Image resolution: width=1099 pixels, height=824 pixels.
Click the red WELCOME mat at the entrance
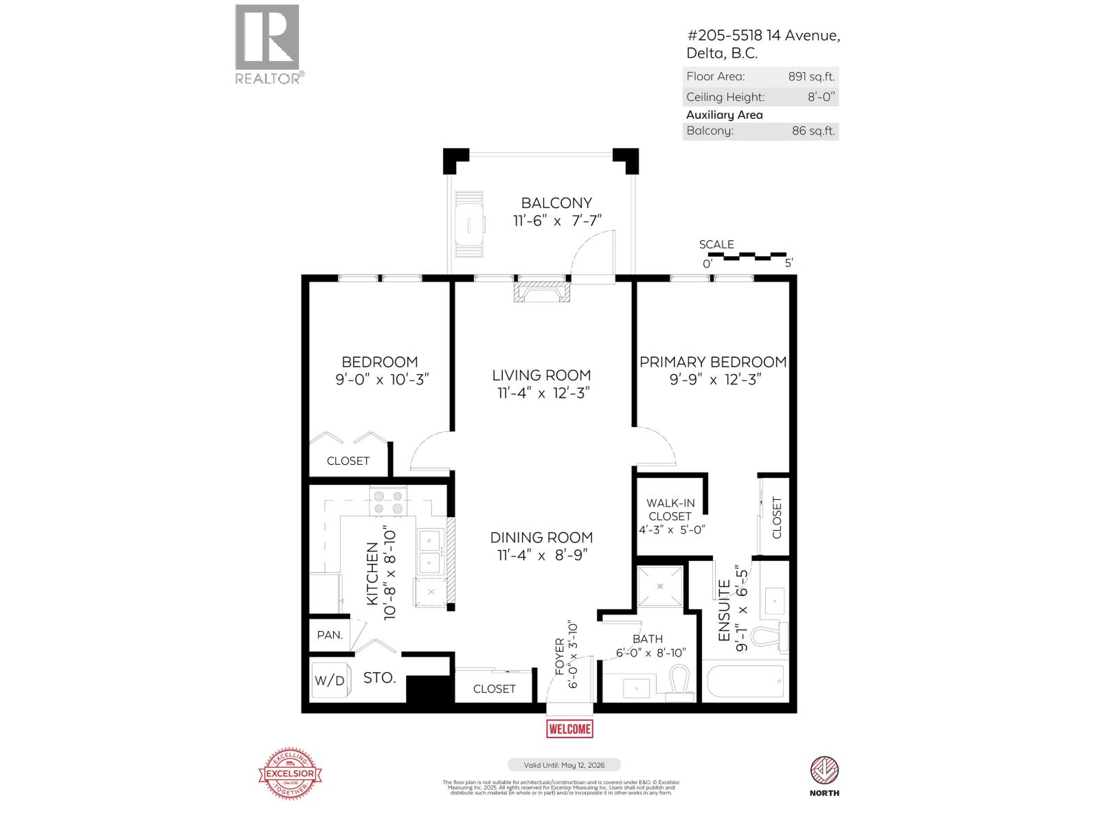(569, 729)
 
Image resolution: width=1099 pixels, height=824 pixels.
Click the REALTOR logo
(268, 44)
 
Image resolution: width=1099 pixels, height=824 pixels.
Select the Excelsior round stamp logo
(290, 773)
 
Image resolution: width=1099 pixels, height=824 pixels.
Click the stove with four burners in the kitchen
(387, 502)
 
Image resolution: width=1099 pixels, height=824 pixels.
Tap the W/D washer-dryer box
(330, 680)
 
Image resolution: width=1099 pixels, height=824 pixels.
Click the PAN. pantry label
(330, 634)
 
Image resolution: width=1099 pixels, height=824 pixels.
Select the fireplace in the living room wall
(542, 291)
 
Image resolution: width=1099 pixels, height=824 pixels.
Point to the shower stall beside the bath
(660, 586)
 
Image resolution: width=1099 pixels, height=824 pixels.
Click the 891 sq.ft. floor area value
(811, 77)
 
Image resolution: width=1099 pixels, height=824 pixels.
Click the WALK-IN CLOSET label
(670, 510)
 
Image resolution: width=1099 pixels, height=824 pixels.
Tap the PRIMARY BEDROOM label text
(713, 362)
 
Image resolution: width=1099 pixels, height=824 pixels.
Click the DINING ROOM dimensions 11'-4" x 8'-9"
(541, 556)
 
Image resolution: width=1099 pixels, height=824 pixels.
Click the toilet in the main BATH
(679, 684)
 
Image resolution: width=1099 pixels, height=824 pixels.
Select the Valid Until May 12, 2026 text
(564, 765)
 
